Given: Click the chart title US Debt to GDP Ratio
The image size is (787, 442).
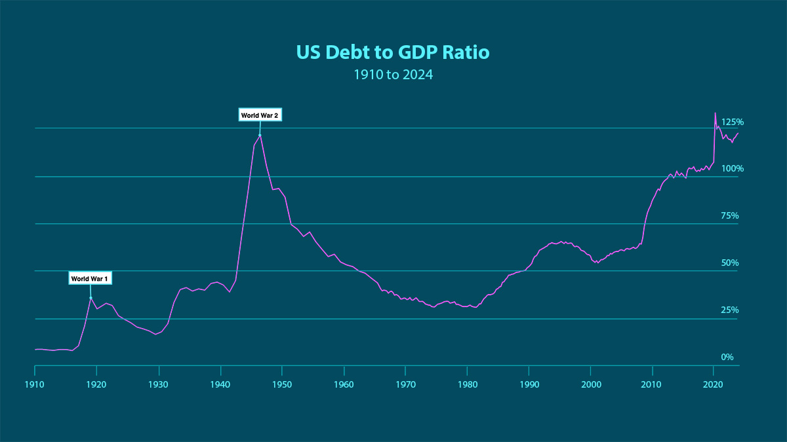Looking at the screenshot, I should point(393,52).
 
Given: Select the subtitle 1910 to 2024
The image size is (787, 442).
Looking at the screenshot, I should point(393,75).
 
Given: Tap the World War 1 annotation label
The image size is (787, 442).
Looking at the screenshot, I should point(91,278).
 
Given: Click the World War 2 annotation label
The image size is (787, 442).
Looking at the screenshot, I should point(260,115).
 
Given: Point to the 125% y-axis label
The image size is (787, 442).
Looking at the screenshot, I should point(733,122).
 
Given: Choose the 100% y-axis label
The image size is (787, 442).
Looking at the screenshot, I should point(733,168).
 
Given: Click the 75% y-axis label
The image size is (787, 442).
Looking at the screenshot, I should point(730,215).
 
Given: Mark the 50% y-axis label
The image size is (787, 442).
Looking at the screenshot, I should point(730,263).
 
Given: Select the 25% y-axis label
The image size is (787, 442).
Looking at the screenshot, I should point(730,310).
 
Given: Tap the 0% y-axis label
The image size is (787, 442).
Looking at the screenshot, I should point(727,357).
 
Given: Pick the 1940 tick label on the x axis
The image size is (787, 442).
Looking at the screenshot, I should point(220,384).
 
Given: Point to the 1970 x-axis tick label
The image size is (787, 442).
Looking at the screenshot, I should point(405,384).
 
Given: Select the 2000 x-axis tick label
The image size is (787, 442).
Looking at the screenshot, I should point(591,384).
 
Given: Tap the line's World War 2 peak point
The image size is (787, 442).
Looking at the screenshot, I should point(260,135).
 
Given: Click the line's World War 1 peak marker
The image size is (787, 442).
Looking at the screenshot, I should point(91,297).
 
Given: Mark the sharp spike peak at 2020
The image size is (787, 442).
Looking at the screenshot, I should point(715,113).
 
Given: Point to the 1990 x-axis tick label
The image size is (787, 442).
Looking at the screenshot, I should point(529,384).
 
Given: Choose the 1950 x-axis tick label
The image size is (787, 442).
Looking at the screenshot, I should point(281,384).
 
